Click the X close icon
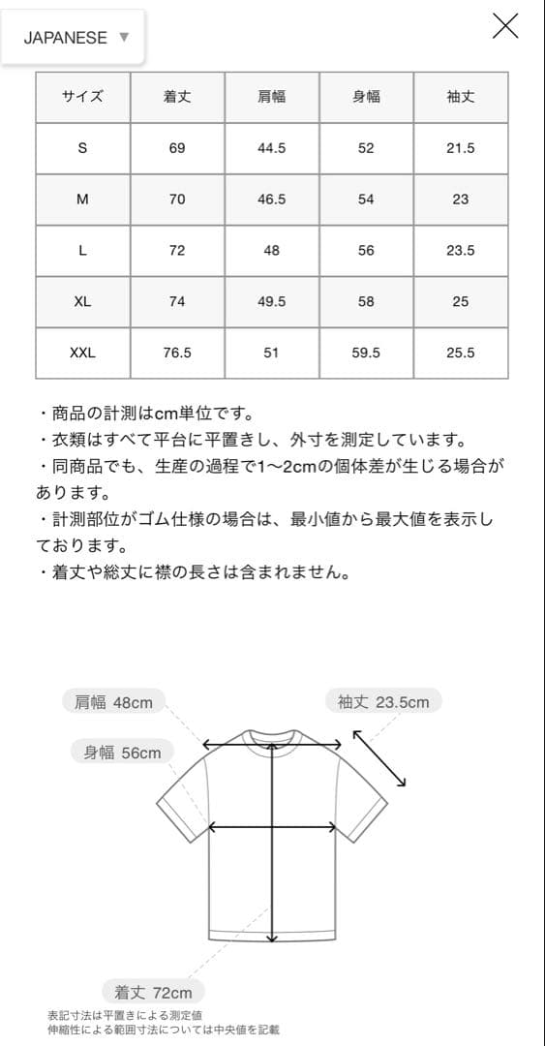point(505,26)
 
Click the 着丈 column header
point(177,97)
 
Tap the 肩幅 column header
point(271,97)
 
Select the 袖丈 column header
point(460,97)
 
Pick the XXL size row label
point(82,353)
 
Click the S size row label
point(82,148)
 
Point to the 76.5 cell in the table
point(177,353)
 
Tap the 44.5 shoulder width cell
point(271,148)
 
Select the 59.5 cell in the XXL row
point(366,353)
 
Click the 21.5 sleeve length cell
point(460,148)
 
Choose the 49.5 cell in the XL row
point(271,301)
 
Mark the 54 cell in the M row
point(366,200)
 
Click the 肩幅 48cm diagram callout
point(113,702)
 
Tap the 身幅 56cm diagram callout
point(122,753)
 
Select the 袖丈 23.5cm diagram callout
point(382,701)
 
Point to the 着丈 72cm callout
point(153,992)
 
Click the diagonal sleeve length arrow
point(379,758)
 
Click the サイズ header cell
point(82,97)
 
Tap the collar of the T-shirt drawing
point(272,737)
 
